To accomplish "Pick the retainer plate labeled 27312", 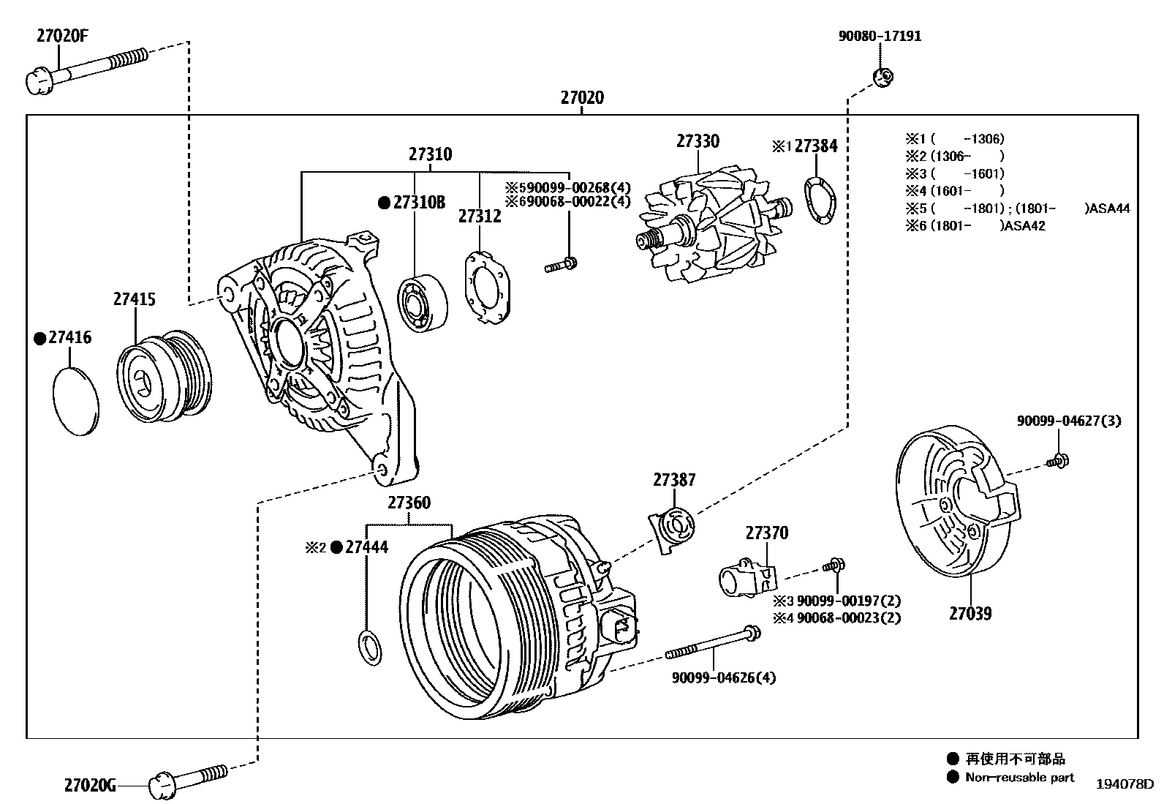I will tap(486, 286).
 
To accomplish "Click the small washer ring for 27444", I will tap(371, 647).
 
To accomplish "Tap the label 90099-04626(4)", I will tap(724, 677).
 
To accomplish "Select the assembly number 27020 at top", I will tap(582, 97).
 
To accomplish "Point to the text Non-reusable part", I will tap(1019, 777).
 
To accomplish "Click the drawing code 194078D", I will tap(1124, 784).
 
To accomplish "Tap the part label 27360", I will tap(409, 503).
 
